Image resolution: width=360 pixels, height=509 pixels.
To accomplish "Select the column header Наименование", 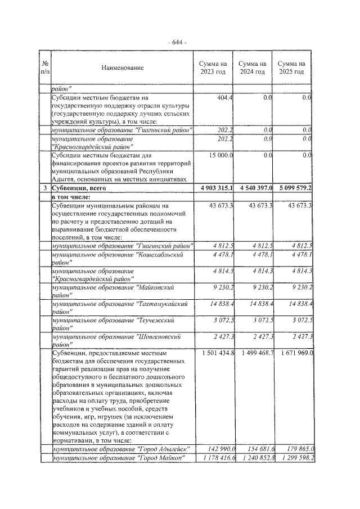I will click(123, 68).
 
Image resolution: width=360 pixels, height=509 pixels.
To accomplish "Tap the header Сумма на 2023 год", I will click(213, 68).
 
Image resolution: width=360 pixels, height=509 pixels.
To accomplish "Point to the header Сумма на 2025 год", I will click(293, 68).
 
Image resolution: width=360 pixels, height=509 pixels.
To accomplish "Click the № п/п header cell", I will click(44, 68).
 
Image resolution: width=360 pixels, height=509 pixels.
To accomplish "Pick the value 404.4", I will click(225, 98).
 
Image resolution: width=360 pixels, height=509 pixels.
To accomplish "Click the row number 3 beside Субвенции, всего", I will click(44, 187).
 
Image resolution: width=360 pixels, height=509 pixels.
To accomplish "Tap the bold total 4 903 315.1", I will click(213, 187).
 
